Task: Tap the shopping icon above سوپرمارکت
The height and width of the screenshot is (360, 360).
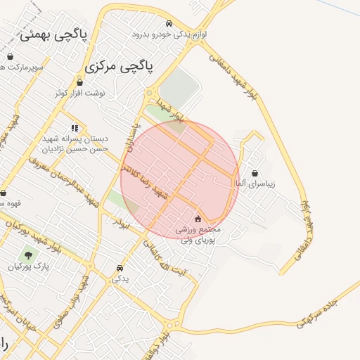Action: [x=10, y=56]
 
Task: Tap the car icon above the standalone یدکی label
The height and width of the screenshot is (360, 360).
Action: [x=120, y=268]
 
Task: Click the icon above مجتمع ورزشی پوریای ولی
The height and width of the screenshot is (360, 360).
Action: [x=198, y=218]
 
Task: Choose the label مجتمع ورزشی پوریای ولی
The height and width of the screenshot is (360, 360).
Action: [x=200, y=235]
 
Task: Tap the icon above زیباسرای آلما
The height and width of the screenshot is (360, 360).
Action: [x=254, y=173]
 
